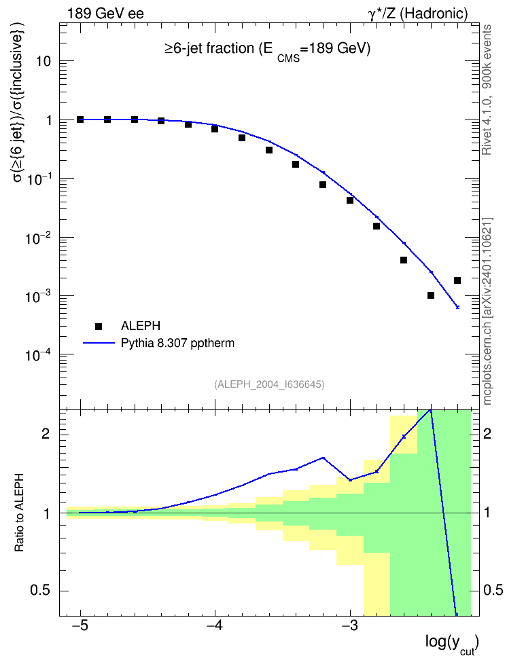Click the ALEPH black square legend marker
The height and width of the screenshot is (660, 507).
click(x=99, y=326)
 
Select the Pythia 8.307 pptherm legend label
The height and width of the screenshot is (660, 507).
click(x=177, y=343)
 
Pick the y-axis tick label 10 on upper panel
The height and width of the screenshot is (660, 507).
click(x=43, y=61)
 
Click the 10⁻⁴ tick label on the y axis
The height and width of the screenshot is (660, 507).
click(x=38, y=354)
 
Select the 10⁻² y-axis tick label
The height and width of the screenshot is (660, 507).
click(x=38, y=238)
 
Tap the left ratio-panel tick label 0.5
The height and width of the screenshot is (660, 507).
click(x=40, y=591)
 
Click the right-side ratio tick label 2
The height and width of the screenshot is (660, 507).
click(x=487, y=433)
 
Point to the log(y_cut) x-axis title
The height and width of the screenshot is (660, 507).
click(x=452, y=644)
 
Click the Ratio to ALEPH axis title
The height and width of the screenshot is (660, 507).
click(x=19, y=513)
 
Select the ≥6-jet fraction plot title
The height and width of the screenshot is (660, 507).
click(x=267, y=50)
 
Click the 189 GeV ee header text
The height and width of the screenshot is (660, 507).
click(x=105, y=14)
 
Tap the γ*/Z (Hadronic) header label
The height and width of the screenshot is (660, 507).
click(x=418, y=14)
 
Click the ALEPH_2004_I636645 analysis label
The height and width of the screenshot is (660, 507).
click(x=269, y=384)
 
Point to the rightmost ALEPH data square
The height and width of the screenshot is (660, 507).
click(x=457, y=280)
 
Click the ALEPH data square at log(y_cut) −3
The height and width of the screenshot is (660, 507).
click(x=350, y=200)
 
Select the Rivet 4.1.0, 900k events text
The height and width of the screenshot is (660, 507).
click(x=487, y=90)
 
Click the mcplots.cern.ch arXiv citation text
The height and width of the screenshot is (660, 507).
click(x=487, y=312)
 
